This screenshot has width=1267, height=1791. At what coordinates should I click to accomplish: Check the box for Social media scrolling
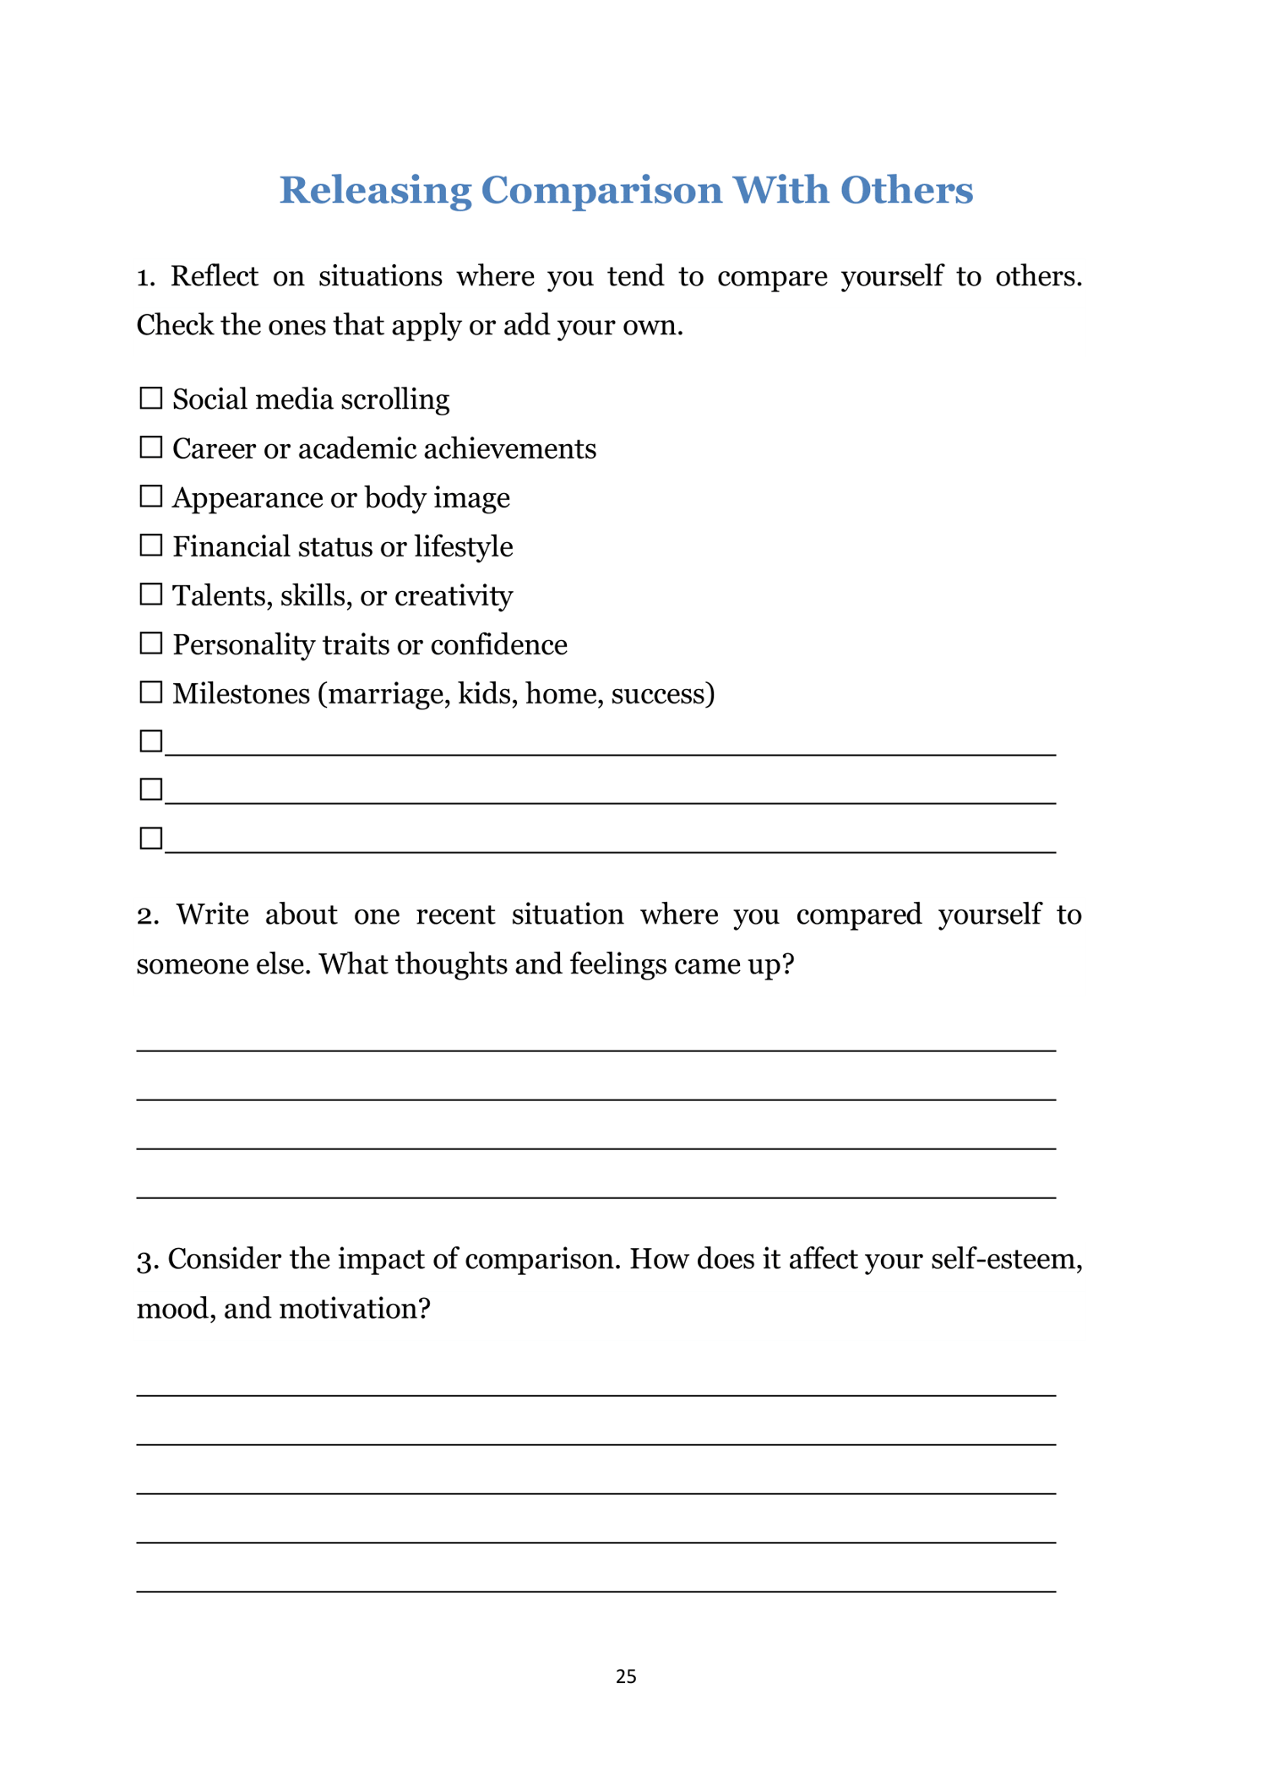click(150, 398)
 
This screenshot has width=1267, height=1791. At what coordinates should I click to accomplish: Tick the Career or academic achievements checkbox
click(150, 447)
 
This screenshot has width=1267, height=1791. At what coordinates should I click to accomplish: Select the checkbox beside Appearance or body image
click(150, 496)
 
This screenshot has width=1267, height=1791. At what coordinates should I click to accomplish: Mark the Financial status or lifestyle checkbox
click(150, 545)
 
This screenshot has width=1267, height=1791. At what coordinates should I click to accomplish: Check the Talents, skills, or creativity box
click(150, 594)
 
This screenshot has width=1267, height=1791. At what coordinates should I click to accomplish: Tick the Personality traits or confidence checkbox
click(150, 643)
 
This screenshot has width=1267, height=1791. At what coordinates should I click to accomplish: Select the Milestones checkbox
click(150, 692)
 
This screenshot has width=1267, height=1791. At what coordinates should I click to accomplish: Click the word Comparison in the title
click(601, 191)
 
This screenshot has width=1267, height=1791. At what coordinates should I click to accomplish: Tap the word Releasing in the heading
click(375, 191)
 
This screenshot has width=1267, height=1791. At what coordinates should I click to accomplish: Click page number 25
click(626, 1676)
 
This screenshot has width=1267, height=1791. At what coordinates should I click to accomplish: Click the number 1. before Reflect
click(146, 277)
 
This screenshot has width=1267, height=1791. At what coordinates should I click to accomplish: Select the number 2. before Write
click(148, 915)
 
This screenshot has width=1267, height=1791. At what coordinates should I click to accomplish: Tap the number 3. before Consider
click(148, 1260)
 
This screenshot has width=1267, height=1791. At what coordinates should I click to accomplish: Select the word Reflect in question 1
click(215, 276)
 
